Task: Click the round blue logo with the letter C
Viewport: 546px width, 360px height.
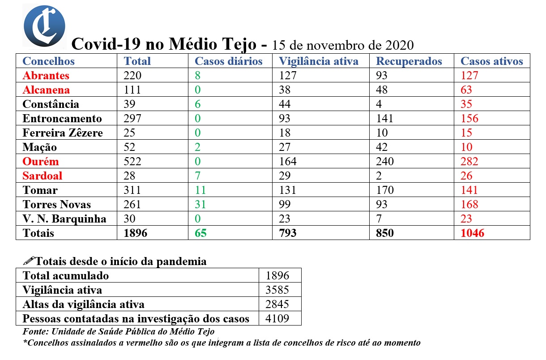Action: point(44,26)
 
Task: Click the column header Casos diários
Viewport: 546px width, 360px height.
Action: point(228,61)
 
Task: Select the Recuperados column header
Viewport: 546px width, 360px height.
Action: point(409,61)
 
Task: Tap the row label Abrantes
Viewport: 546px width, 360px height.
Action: point(46,76)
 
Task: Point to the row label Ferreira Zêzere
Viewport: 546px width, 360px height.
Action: point(63,133)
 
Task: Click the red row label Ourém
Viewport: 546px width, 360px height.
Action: point(41,162)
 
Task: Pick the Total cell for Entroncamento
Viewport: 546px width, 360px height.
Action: point(132,119)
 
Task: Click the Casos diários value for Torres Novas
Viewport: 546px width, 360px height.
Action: point(200,205)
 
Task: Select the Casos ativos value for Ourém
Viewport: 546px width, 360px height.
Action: point(469,162)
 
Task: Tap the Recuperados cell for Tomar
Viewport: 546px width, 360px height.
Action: point(385,190)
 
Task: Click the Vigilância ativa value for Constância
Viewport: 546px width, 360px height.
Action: point(284,104)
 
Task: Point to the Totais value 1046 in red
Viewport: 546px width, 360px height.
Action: point(472,233)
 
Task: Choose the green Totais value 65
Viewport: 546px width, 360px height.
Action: point(200,233)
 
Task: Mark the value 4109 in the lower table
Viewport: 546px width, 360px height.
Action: point(277,319)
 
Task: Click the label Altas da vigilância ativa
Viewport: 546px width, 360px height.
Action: point(84,304)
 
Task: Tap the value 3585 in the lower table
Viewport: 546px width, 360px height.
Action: point(277,290)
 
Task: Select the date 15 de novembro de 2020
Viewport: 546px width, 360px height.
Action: point(343,46)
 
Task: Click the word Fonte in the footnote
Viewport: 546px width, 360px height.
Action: point(34,332)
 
